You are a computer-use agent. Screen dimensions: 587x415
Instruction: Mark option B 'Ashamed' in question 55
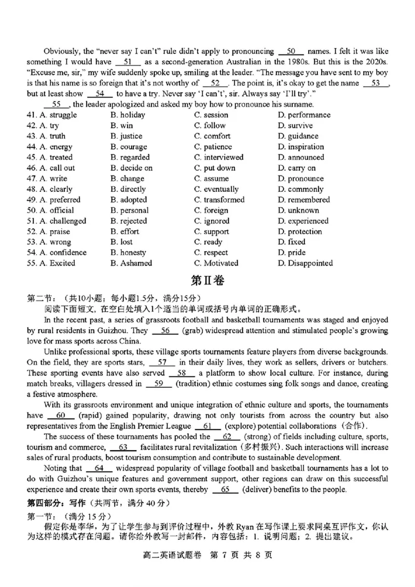131,263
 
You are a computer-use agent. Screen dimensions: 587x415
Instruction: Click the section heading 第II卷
208,281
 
